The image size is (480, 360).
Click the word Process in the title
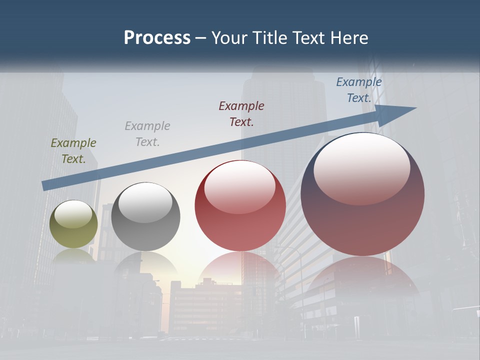tap(157, 38)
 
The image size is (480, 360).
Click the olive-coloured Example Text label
tap(73, 151)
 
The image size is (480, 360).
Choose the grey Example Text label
tap(147, 134)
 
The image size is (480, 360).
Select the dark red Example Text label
tap(241, 113)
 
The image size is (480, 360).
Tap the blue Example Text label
tap(358, 90)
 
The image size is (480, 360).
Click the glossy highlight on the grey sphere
tap(145, 202)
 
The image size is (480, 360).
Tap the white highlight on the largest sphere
tap(362, 167)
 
